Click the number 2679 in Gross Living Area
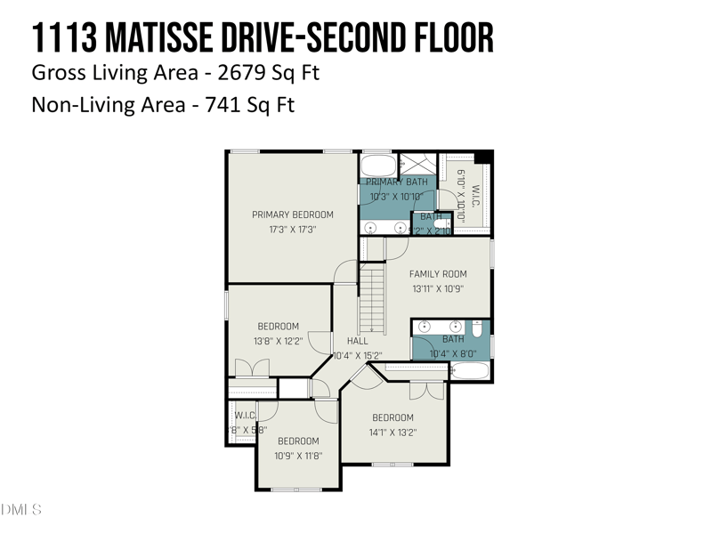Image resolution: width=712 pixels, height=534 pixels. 233,72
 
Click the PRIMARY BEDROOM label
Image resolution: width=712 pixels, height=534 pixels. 292,214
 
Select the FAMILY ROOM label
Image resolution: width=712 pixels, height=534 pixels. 438,274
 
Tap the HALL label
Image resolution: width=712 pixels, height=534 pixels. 357,341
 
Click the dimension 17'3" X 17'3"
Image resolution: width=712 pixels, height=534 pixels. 292,229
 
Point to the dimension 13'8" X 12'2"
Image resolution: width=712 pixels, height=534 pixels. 279,341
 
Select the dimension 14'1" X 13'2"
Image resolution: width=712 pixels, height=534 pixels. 392,433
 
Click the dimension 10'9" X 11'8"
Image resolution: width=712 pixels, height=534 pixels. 298,456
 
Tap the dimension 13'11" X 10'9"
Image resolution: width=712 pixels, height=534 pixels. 438,288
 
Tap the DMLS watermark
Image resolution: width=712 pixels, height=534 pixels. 21,510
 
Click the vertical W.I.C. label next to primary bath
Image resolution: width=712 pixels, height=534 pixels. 476,195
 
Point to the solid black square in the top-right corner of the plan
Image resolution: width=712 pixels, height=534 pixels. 483,157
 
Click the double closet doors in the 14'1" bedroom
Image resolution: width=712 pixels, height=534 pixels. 425,390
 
